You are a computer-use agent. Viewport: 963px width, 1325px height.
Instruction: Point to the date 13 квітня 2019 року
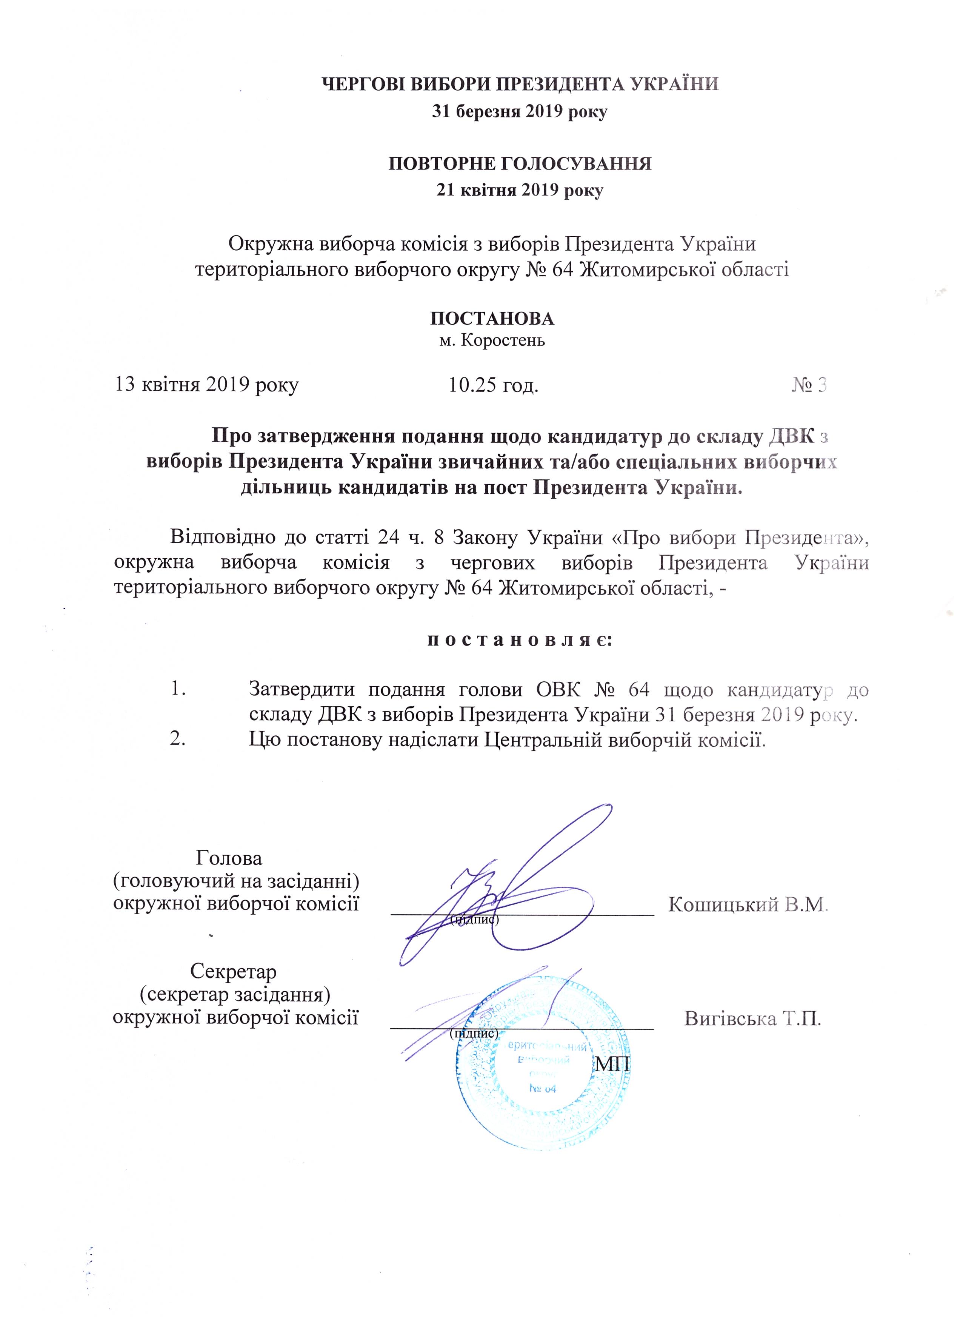click(x=207, y=385)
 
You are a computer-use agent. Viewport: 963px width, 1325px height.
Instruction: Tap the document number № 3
click(x=809, y=385)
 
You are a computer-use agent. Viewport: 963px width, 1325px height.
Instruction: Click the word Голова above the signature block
click(x=229, y=858)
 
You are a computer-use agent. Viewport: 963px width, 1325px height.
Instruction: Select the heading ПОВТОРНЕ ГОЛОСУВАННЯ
click(x=520, y=163)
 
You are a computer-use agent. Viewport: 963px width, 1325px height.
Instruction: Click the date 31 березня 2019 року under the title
click(x=520, y=111)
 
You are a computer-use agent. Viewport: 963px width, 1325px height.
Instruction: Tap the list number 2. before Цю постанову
click(x=177, y=740)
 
